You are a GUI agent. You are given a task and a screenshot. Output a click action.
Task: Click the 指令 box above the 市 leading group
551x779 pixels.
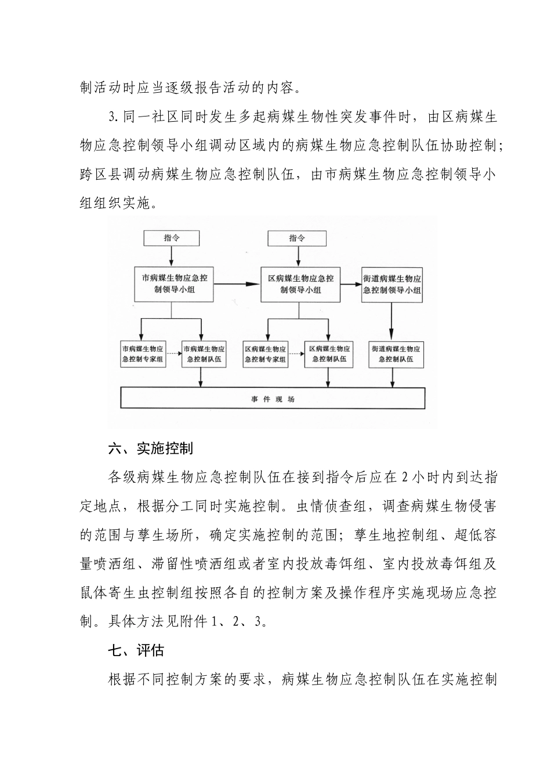172,238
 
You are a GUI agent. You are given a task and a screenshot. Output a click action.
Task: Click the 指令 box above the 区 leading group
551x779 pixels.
297,238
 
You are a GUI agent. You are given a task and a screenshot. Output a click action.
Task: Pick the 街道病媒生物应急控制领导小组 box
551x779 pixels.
392,284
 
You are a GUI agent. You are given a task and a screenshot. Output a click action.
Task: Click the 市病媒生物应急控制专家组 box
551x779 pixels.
143,354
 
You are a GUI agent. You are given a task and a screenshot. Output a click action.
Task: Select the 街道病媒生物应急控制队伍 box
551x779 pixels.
396,354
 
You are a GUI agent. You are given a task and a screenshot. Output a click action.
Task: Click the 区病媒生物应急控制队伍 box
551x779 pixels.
329,354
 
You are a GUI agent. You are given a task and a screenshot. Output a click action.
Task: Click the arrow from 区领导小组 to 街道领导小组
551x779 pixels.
350,284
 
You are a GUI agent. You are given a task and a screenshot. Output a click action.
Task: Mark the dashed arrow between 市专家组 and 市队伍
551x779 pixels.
173,354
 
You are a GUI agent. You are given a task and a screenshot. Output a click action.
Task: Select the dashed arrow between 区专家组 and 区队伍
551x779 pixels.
296,354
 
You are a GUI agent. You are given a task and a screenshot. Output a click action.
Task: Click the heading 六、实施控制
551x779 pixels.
150,448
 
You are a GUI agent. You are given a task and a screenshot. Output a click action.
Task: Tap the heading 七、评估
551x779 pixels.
136,650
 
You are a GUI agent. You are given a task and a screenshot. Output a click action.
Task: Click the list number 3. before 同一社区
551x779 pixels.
114,118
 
